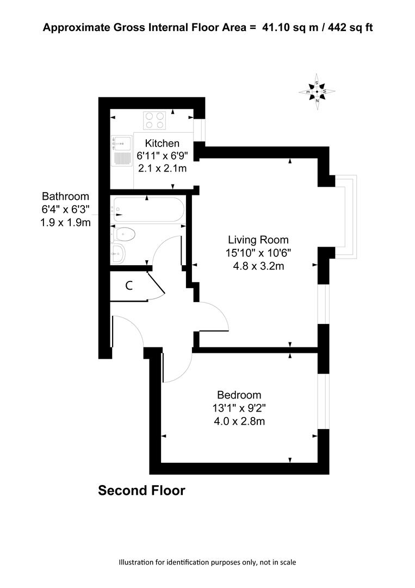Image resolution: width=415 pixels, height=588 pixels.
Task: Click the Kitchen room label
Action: point(162,143)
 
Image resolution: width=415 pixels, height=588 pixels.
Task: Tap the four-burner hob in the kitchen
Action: point(154,120)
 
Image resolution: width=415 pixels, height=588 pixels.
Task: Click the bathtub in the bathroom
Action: point(148,210)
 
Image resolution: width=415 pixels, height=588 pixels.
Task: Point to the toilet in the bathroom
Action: point(123,235)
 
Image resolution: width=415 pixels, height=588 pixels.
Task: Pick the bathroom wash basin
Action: point(118,254)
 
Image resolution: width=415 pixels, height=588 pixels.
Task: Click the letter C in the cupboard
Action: point(129,286)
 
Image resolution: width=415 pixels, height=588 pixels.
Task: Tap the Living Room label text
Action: point(258,240)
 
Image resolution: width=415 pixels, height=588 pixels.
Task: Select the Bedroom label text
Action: point(239,395)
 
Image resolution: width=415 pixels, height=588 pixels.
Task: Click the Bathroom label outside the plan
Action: point(66,196)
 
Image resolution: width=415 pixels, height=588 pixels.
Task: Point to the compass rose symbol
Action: point(317,91)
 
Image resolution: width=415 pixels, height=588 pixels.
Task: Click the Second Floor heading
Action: point(141,491)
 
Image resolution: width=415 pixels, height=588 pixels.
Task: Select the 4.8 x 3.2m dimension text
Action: point(258,266)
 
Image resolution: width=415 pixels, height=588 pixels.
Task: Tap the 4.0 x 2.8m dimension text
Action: point(239,421)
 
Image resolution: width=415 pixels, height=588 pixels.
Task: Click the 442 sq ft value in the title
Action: point(350,27)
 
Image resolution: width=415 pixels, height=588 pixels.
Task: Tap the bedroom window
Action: point(324,401)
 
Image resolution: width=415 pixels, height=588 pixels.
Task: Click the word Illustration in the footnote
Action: point(136,562)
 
